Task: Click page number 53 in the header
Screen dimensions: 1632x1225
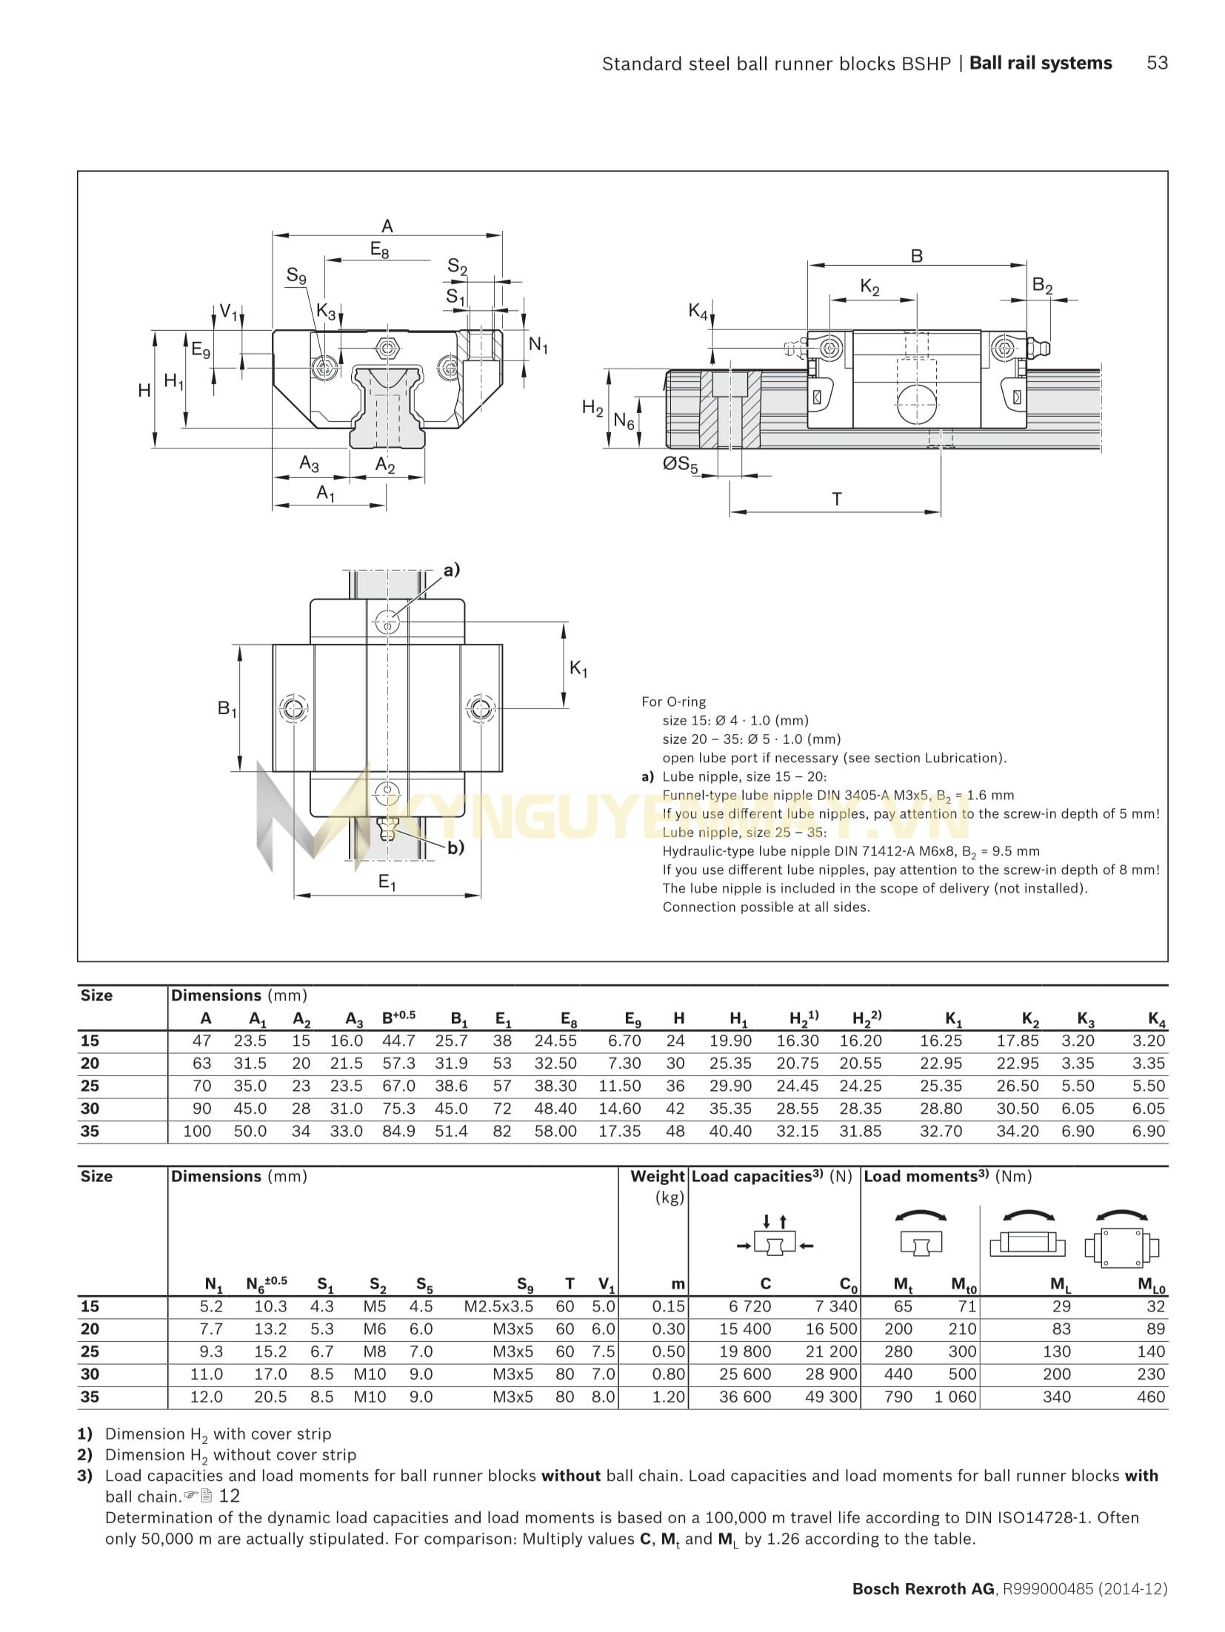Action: click(x=1156, y=64)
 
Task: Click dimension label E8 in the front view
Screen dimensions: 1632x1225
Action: click(x=379, y=250)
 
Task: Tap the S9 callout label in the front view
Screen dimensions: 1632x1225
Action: click(x=296, y=277)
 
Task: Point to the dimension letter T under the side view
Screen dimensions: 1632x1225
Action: click(x=837, y=499)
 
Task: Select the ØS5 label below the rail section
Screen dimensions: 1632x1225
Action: click(x=680, y=466)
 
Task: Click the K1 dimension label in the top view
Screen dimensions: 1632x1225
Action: click(x=578, y=669)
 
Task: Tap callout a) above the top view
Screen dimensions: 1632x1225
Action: click(x=451, y=570)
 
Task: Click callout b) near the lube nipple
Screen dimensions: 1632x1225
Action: click(x=455, y=847)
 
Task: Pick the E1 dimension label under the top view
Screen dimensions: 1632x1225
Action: click(x=387, y=882)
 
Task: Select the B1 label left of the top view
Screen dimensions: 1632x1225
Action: click(x=227, y=709)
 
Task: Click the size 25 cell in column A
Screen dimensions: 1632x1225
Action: click(x=201, y=1086)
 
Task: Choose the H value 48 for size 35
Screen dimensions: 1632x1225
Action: click(x=675, y=1131)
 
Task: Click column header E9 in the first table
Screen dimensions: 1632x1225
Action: click(x=632, y=1019)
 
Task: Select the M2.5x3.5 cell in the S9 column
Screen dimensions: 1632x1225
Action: click(x=498, y=1306)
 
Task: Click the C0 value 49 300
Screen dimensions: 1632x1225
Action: click(x=831, y=1397)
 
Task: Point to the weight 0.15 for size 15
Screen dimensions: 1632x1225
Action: click(x=668, y=1306)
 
